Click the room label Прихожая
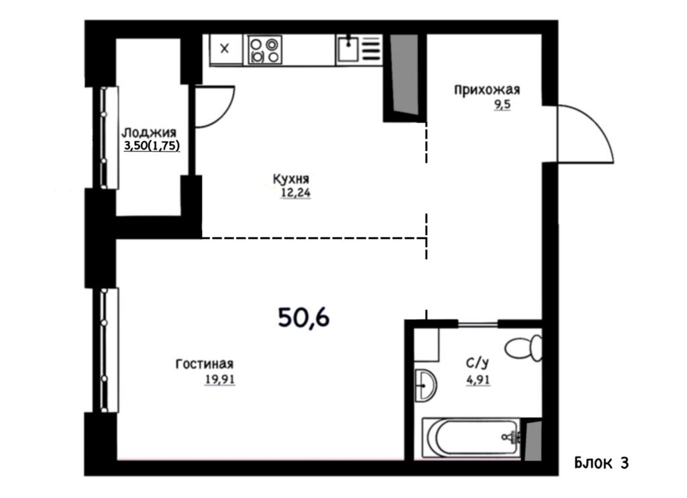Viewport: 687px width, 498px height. [x=487, y=91]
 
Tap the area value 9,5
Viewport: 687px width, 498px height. [x=503, y=105]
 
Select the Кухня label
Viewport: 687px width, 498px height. [x=291, y=179]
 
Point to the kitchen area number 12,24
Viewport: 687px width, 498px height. [x=296, y=193]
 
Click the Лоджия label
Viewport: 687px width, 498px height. [x=149, y=132]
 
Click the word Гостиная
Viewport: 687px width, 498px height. [x=205, y=364]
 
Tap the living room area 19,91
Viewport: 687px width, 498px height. [x=220, y=379]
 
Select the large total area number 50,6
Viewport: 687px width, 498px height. [x=304, y=317]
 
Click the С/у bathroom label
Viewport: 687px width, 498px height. [x=477, y=363]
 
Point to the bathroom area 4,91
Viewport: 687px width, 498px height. [x=478, y=380]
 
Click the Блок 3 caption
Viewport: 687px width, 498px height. [x=601, y=463]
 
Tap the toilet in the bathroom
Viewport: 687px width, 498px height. [x=524, y=348]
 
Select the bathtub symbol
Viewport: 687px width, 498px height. [x=472, y=438]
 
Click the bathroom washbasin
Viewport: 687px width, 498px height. [x=425, y=385]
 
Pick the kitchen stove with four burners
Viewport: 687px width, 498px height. [x=264, y=50]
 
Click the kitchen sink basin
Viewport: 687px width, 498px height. [x=348, y=49]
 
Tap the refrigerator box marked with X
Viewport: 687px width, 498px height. [x=225, y=49]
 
